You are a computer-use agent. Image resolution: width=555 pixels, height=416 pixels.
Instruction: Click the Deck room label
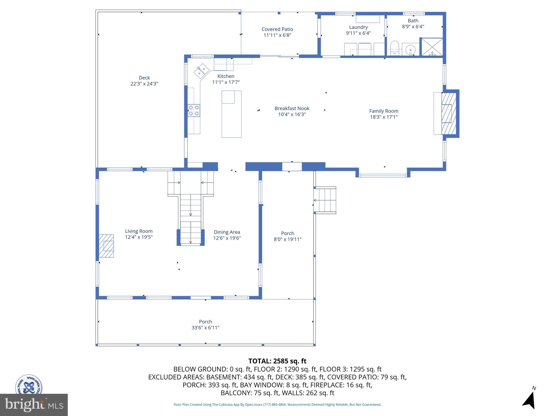(144, 78)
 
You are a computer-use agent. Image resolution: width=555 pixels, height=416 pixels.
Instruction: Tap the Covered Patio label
(277, 29)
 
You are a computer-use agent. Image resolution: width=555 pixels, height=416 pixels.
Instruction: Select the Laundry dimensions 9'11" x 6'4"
(358, 33)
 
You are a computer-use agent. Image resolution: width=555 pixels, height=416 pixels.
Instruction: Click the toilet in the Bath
(395, 48)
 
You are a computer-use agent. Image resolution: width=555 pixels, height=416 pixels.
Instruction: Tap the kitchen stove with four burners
(194, 110)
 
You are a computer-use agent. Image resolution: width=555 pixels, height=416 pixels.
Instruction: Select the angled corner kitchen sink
(201, 71)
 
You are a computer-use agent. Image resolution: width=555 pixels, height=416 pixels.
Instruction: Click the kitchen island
(231, 114)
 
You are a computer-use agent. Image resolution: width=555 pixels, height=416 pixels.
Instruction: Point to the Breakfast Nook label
(292, 108)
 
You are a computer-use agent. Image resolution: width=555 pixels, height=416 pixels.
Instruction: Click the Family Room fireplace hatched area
(449, 114)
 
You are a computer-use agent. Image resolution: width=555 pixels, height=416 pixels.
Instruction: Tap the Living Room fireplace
(106, 246)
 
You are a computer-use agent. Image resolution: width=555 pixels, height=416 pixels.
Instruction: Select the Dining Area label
(227, 232)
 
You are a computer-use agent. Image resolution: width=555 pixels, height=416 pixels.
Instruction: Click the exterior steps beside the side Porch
(325, 200)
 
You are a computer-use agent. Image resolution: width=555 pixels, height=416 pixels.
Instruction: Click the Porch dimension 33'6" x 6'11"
(205, 328)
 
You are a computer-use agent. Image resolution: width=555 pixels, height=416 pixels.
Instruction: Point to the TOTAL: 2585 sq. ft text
(277, 361)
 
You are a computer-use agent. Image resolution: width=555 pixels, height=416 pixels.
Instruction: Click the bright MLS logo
(34, 405)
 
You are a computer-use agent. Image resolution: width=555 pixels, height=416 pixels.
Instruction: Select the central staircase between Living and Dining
(191, 214)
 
